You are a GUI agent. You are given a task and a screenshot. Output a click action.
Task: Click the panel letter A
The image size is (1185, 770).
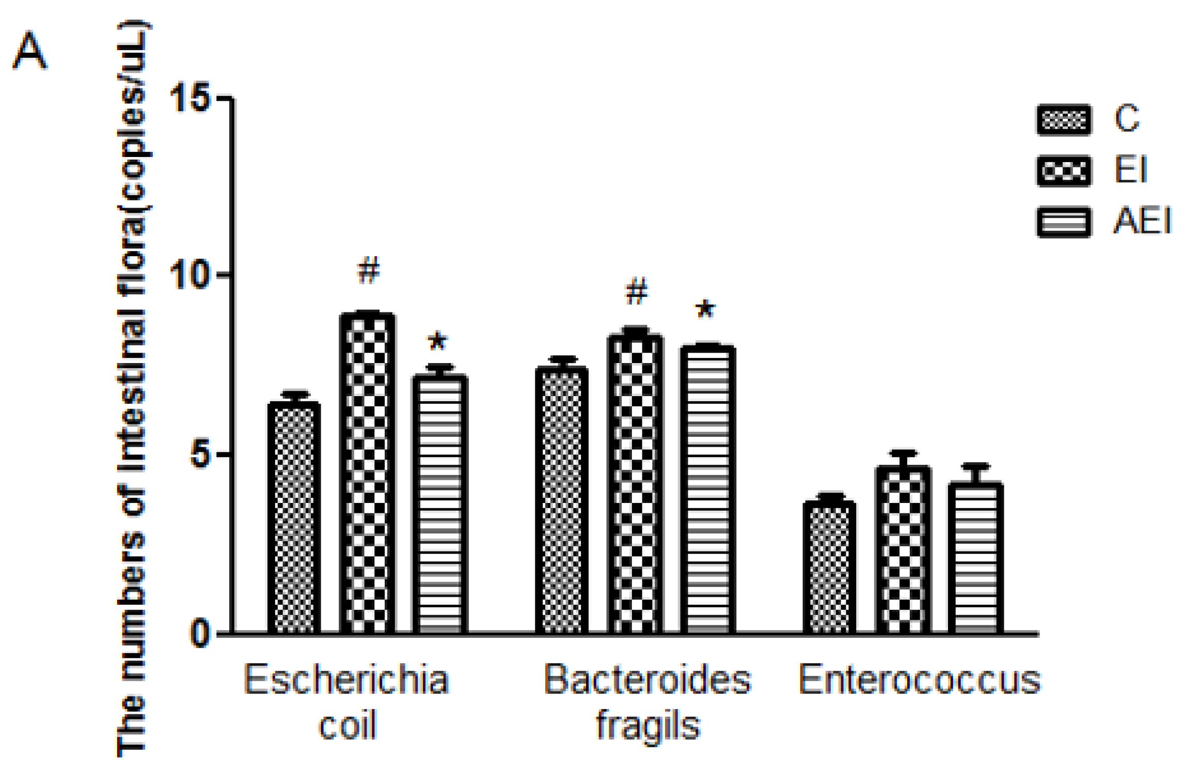pos(29,50)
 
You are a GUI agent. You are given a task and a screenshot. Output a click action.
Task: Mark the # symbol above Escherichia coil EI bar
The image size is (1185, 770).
pos(368,270)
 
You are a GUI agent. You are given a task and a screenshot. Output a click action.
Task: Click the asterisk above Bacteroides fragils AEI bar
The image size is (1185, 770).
pos(705,310)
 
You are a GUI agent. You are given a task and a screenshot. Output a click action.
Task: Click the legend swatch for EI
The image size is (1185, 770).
pos(1064,170)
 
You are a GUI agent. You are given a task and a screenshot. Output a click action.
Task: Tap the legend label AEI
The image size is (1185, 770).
pos(1141,221)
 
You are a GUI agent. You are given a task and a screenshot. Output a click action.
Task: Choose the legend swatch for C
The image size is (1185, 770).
pos(1064,119)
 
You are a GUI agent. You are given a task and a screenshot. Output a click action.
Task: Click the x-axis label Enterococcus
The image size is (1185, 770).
pos(919,680)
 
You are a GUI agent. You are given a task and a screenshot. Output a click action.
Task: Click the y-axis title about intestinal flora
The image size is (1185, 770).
pos(133,387)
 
